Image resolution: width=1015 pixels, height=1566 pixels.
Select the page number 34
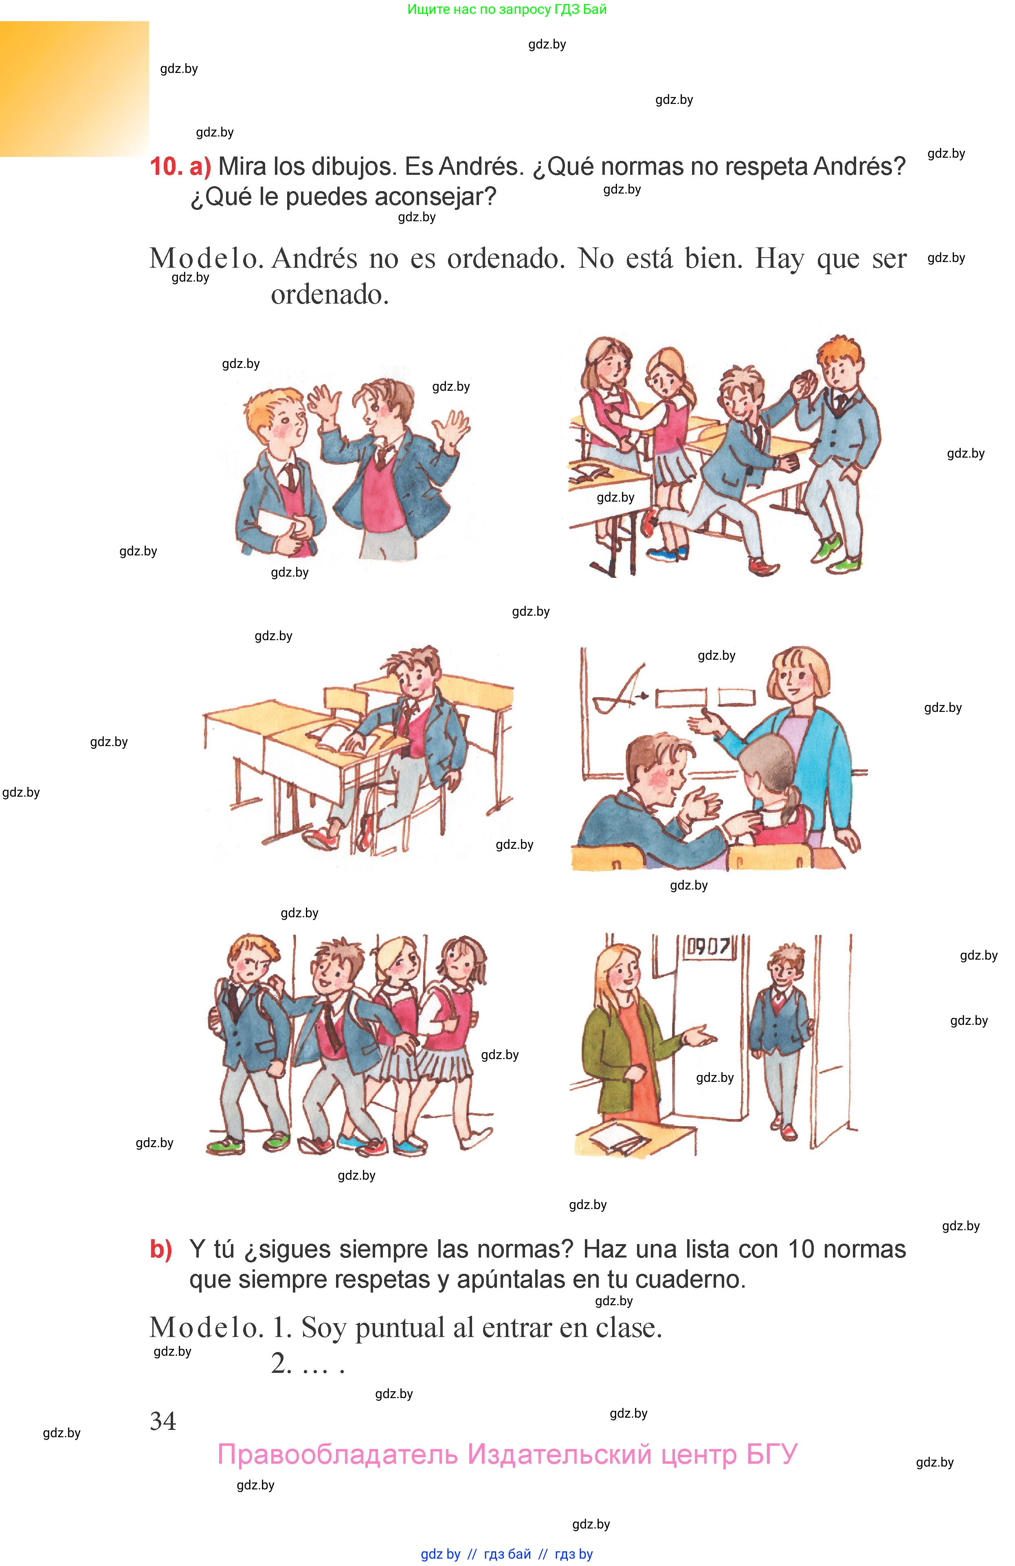[x=163, y=1422]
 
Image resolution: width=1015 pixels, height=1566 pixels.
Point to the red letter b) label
[x=160, y=1249]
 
